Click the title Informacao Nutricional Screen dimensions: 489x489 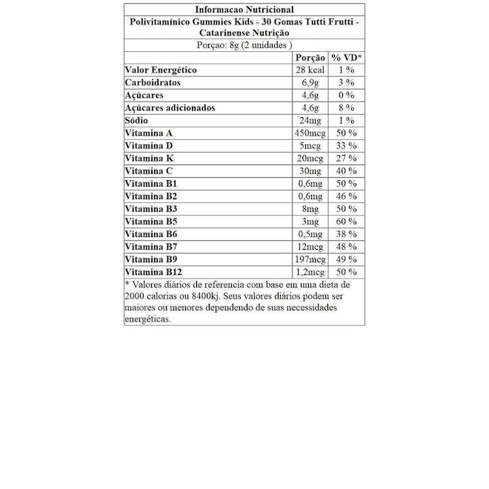tap(244, 10)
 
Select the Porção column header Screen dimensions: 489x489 tap(310, 57)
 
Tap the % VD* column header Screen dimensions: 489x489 tap(346, 57)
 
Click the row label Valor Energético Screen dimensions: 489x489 tap(161, 70)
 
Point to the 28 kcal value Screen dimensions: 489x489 tap(310, 70)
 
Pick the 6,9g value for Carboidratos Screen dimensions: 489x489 tap(310, 82)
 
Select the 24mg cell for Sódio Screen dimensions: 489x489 tap(310, 120)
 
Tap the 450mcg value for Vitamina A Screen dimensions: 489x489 tap(310, 133)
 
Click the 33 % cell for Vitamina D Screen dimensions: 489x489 tap(346, 145)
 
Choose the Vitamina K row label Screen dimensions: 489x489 tap(150, 158)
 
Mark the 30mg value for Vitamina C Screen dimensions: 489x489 tap(310, 170)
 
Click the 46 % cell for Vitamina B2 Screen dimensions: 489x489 tap(346, 196)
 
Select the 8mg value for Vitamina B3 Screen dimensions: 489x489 tap(310, 209)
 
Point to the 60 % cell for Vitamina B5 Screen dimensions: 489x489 tap(346, 222)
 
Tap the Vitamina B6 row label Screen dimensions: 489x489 tap(152, 234)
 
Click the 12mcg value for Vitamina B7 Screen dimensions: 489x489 tap(310, 247)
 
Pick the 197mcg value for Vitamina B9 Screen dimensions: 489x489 tap(310, 259)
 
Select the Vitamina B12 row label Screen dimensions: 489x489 tap(155, 272)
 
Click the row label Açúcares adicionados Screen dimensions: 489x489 tap(170, 107)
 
